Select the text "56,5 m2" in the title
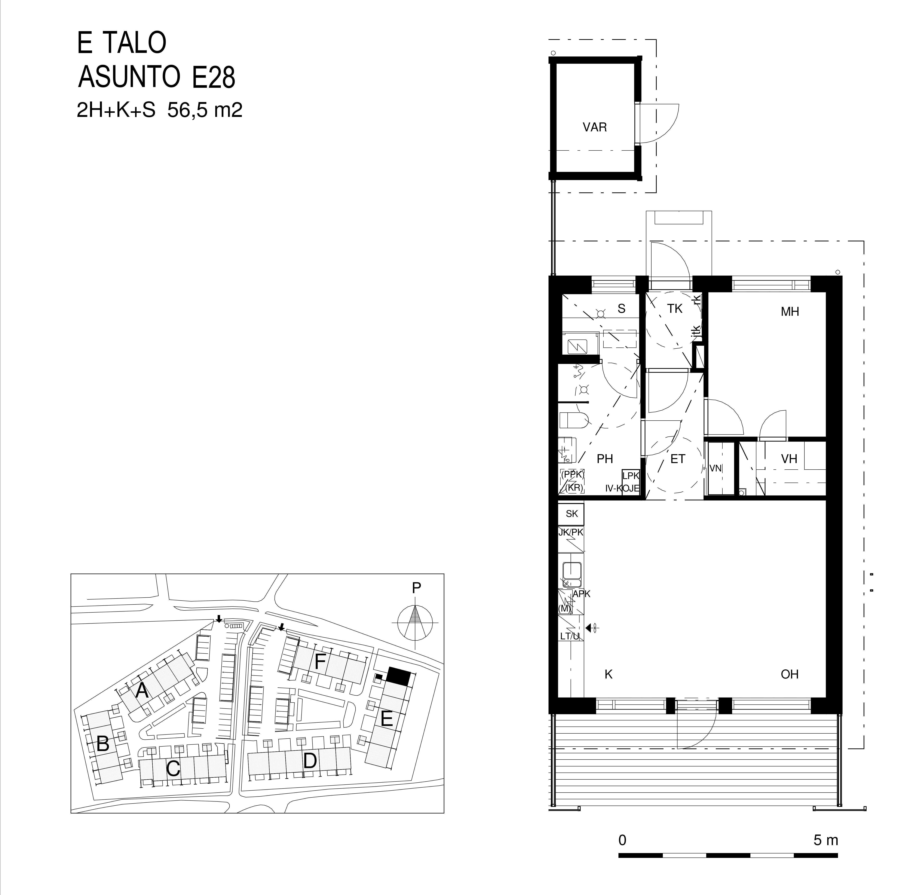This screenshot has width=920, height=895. pyautogui.click(x=205, y=110)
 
